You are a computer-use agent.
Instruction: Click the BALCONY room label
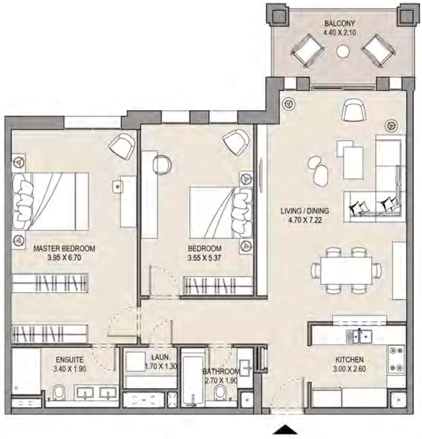point(340,23)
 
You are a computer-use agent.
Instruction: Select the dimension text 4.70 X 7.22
point(305,220)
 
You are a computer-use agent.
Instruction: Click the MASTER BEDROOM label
point(64,248)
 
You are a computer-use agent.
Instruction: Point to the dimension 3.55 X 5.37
point(204,258)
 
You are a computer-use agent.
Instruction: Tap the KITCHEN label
point(349,359)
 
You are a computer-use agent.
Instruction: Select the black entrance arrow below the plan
point(285,429)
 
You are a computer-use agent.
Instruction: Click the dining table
point(346,271)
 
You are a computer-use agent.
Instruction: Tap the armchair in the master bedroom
point(122,146)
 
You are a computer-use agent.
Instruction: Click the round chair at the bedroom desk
point(162,165)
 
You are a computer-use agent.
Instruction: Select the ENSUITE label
point(69,359)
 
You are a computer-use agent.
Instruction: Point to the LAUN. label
point(161,357)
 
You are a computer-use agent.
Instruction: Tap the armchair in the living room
point(354,110)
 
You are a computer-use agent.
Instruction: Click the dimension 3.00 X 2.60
point(349,369)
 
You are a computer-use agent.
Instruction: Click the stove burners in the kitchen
point(396,359)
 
